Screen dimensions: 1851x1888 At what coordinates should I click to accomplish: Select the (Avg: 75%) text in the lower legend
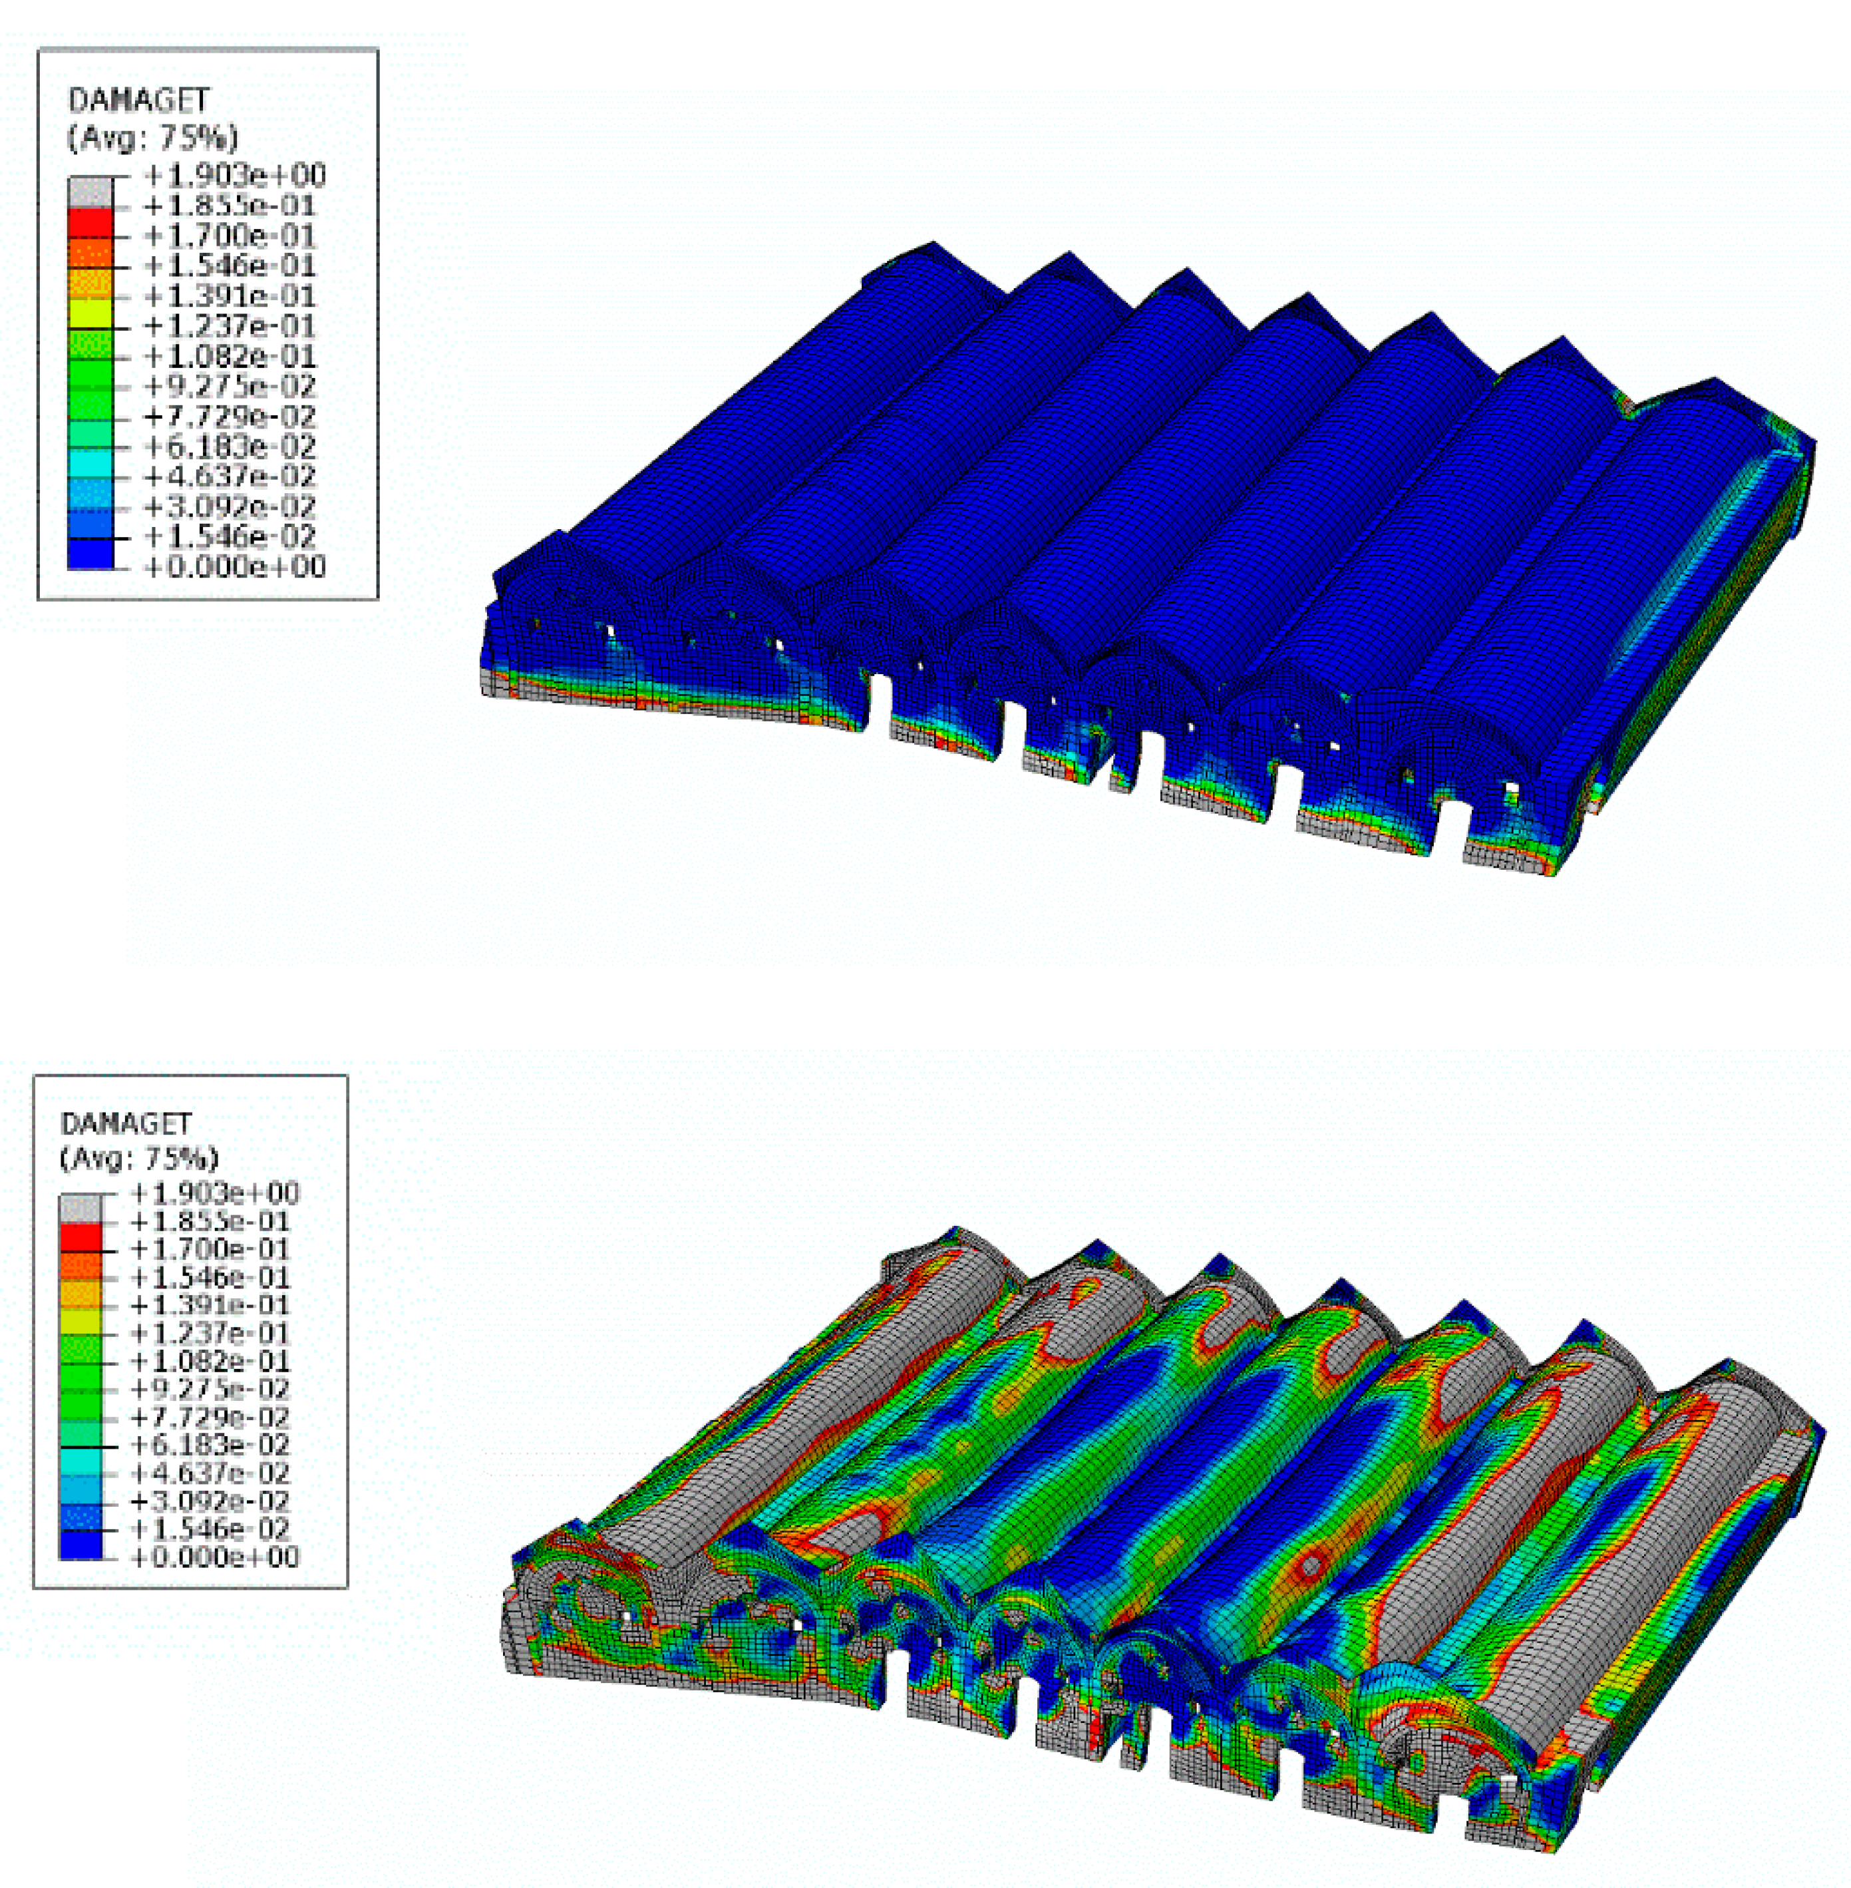(x=139, y=1158)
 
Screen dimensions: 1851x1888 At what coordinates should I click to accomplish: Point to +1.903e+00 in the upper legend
(x=234, y=176)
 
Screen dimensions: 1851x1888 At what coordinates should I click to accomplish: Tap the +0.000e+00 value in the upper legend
(x=234, y=567)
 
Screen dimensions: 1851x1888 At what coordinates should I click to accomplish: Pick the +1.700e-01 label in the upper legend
(x=230, y=236)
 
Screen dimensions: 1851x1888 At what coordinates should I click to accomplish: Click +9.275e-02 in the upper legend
(x=230, y=386)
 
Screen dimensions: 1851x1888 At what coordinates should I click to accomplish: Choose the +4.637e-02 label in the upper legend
(x=230, y=476)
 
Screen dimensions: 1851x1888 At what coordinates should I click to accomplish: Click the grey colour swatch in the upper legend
(x=90, y=192)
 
